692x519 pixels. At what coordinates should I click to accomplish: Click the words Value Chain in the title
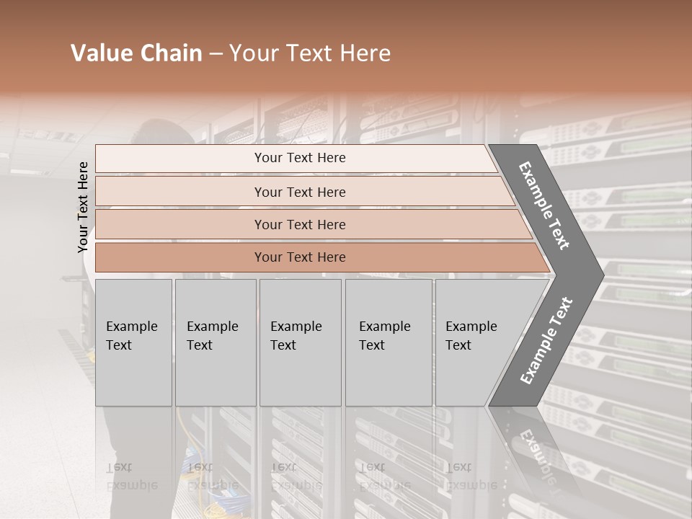click(x=136, y=53)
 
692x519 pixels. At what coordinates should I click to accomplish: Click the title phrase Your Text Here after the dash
click(x=310, y=53)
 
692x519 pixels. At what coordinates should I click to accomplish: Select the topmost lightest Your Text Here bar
click(x=299, y=158)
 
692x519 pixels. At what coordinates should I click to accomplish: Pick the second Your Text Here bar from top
click(x=299, y=192)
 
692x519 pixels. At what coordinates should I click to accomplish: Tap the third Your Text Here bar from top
click(x=299, y=224)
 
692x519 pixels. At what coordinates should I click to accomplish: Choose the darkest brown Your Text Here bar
click(x=299, y=257)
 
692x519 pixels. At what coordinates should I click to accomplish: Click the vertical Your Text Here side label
click(x=83, y=207)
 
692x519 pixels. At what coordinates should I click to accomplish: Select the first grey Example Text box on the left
click(x=133, y=342)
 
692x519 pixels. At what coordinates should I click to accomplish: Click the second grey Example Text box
click(x=215, y=342)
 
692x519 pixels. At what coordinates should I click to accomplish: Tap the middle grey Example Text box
click(x=299, y=342)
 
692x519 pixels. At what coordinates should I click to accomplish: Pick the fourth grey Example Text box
click(x=388, y=342)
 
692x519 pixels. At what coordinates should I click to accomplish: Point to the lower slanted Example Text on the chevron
click(x=546, y=341)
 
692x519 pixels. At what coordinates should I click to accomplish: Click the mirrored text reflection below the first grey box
click(x=132, y=476)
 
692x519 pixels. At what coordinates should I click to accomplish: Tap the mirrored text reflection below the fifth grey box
click(x=471, y=476)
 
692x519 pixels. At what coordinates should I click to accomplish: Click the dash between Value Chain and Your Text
click(x=216, y=54)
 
